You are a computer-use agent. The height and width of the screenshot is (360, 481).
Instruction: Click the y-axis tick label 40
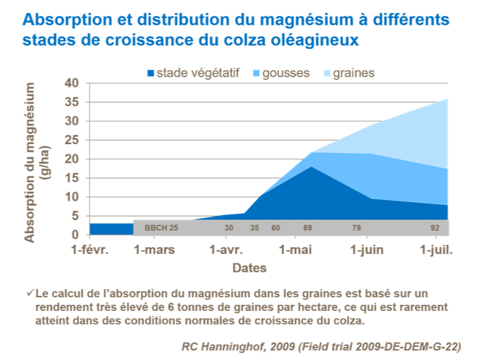tap(74, 83)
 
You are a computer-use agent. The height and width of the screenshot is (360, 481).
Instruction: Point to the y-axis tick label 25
tap(74, 140)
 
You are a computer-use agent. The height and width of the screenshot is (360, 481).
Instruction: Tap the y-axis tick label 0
tap(78, 234)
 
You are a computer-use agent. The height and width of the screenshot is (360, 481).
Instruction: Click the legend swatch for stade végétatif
tap(150, 72)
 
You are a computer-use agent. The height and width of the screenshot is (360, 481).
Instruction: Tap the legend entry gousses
tap(285, 72)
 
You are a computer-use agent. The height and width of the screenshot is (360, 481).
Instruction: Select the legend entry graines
tap(353, 72)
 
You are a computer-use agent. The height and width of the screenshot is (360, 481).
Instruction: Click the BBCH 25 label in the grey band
tap(161, 228)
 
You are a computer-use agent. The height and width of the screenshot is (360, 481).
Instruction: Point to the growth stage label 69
tap(308, 228)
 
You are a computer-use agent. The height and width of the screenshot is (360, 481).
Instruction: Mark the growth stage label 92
tap(435, 228)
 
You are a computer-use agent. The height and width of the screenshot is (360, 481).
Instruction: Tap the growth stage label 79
tap(356, 228)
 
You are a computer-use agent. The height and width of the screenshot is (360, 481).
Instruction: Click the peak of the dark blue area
tap(311, 167)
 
